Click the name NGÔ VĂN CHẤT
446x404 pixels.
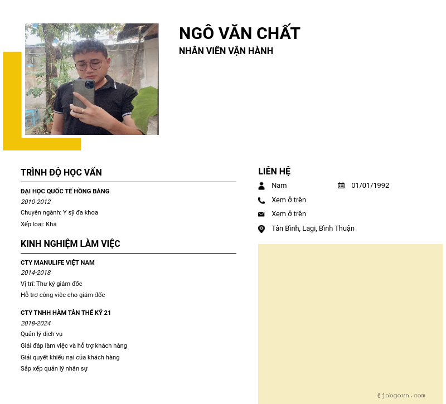click(x=240, y=33)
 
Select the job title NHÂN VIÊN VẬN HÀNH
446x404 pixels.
click(x=226, y=51)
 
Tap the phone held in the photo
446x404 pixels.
click(x=84, y=93)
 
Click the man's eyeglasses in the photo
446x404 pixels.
click(x=89, y=65)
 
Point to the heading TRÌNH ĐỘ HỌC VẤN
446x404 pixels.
click(x=61, y=172)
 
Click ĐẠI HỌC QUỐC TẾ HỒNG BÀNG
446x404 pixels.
click(x=65, y=191)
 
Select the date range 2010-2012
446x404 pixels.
click(x=36, y=202)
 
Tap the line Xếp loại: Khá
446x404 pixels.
click(x=38, y=224)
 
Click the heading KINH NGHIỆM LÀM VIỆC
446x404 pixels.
click(x=70, y=244)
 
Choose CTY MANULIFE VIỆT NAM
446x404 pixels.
click(x=57, y=262)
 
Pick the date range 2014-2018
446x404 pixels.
click(x=36, y=272)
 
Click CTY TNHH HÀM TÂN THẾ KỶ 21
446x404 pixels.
click(x=66, y=313)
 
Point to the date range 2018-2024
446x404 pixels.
click(x=36, y=323)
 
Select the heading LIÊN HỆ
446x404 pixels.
click(x=274, y=171)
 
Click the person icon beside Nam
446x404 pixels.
click(x=261, y=186)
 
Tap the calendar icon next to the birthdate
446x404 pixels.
click(x=341, y=186)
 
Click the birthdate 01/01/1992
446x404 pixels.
click(x=370, y=186)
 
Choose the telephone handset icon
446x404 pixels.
click(x=261, y=200)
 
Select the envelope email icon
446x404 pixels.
click(x=261, y=214)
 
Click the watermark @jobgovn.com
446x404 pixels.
click(x=401, y=395)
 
